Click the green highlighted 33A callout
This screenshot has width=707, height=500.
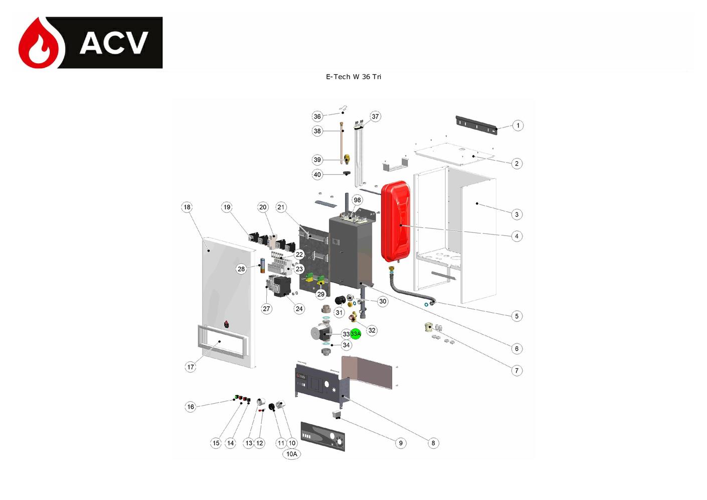[x=356, y=334]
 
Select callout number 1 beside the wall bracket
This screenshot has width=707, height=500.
[x=517, y=126]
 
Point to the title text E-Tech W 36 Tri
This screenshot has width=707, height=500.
[x=353, y=77]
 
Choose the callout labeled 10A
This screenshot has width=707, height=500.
[x=292, y=454]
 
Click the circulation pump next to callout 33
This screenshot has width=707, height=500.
[x=321, y=333]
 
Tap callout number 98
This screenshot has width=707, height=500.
[x=357, y=200]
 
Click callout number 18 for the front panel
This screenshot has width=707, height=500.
[x=187, y=207]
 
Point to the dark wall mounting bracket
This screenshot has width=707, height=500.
[x=476, y=125]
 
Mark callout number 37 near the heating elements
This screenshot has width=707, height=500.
[x=375, y=116]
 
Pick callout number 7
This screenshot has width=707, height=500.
[x=516, y=370]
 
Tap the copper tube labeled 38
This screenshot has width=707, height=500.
[x=341, y=143]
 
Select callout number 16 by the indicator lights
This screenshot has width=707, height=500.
[x=191, y=407]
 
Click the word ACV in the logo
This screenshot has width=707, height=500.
[x=114, y=43]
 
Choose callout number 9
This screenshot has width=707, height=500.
[x=401, y=443]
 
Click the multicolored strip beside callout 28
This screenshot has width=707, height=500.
[x=262, y=266]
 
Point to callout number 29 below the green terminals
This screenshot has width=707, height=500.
[x=321, y=294]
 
